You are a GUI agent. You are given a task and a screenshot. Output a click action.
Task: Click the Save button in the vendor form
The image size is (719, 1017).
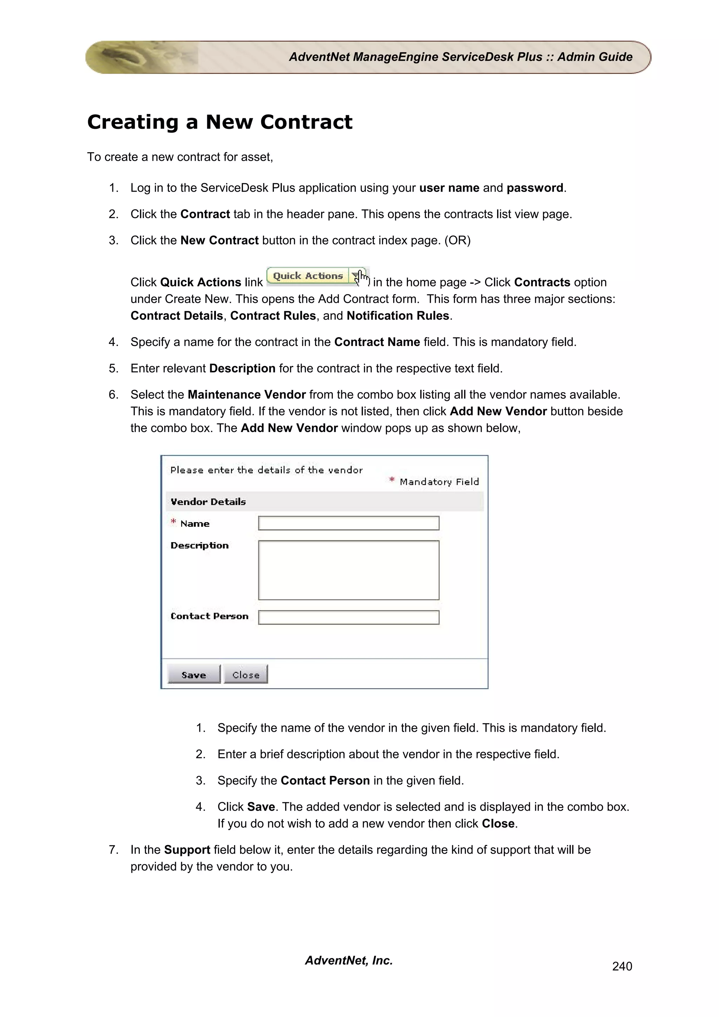tap(193, 674)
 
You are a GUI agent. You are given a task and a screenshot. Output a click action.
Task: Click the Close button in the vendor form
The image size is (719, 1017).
tap(245, 674)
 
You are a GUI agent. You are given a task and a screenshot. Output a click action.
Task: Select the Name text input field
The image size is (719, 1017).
tap(349, 523)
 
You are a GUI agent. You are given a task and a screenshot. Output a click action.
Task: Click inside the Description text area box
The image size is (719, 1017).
tap(349, 570)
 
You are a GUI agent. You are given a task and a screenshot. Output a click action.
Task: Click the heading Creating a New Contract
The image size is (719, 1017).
tap(220, 122)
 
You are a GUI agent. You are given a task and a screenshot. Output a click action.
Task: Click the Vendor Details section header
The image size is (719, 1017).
tap(208, 502)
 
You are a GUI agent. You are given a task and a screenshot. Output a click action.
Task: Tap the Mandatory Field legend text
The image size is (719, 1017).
tap(438, 482)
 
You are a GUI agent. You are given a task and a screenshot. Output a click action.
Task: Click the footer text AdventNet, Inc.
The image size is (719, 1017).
tap(349, 960)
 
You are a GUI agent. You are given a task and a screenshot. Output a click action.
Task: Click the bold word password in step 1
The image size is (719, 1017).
tap(535, 188)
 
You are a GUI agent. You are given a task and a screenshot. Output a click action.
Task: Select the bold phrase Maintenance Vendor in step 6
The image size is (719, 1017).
tap(247, 395)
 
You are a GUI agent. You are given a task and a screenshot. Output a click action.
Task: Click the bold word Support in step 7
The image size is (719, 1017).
tap(187, 850)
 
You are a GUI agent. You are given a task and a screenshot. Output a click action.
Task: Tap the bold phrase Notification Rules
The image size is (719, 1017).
tap(398, 316)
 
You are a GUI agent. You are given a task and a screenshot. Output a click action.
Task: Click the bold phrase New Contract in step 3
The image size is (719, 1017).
tap(219, 240)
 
